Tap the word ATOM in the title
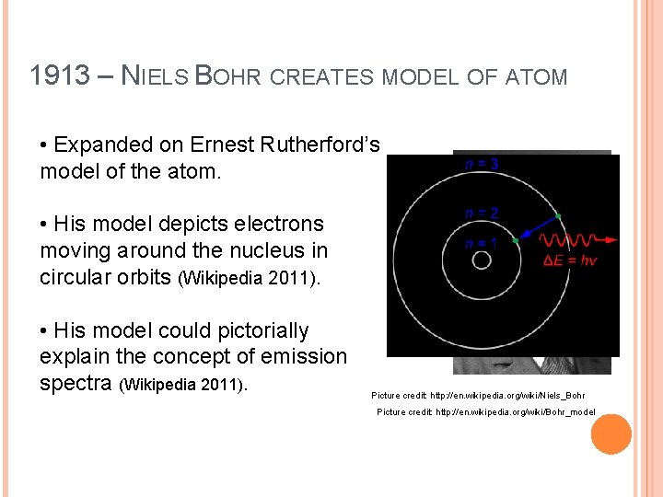click(537, 76)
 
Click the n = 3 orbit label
click(482, 165)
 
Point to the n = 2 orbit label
click(482, 213)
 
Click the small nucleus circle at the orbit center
click(481, 260)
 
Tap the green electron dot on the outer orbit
click(557, 216)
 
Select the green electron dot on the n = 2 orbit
click(515, 239)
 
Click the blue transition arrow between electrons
click(536, 228)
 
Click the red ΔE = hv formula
click(571, 260)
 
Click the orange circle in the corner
click(611, 434)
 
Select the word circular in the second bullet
click(77, 276)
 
